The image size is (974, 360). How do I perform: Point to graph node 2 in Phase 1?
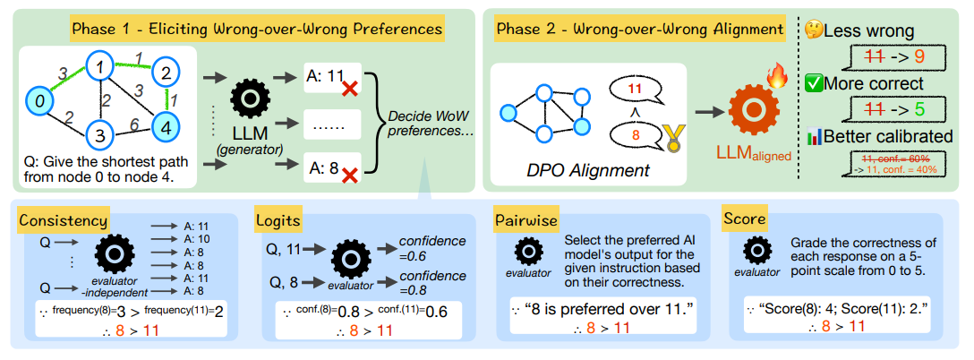coord(165,71)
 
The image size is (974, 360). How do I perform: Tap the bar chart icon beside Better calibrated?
coord(814,137)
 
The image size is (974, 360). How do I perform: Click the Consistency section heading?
coord(64,219)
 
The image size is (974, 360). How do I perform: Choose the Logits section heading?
coord(279,219)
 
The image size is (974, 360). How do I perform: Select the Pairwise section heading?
coord(527,219)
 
